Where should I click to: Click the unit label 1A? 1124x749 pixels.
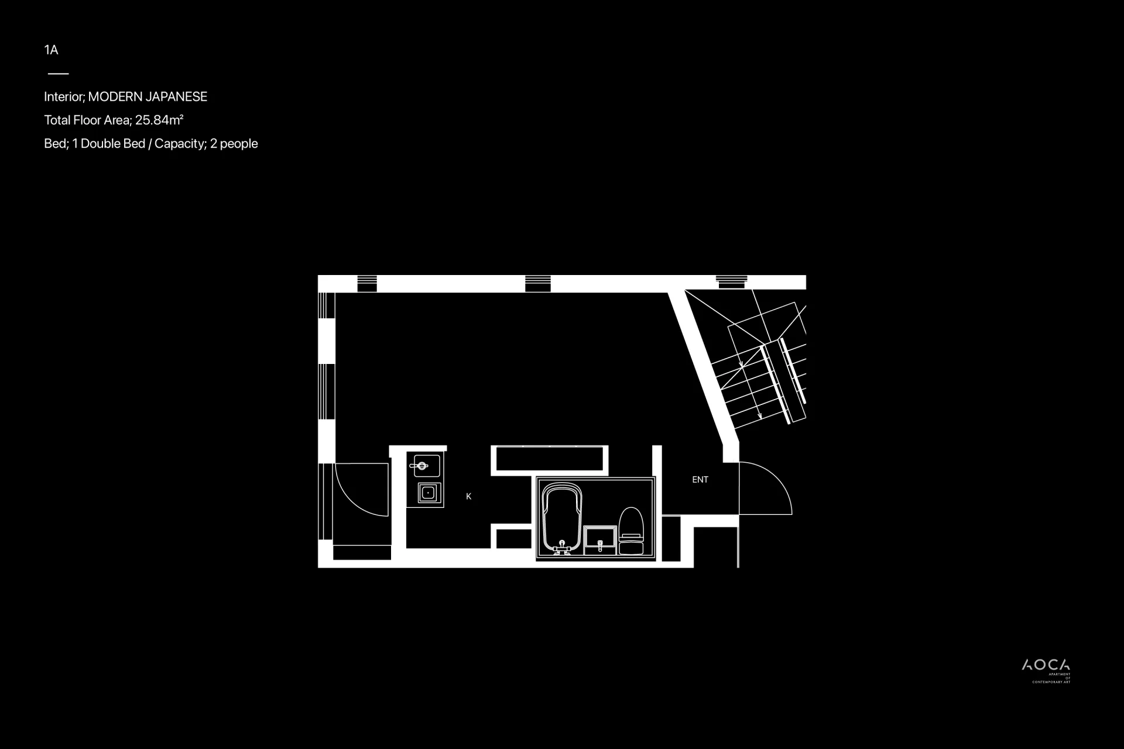pos(51,50)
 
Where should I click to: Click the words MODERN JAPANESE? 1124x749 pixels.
pos(148,97)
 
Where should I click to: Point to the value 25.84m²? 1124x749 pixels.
pos(159,120)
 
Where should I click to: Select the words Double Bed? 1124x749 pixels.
pos(113,143)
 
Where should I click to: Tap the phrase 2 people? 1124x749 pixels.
pos(234,144)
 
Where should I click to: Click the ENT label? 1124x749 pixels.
pos(700,480)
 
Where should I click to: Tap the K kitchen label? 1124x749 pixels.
pos(468,496)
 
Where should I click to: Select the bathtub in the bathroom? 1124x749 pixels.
pos(562,518)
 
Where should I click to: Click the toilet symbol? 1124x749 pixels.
pos(631,531)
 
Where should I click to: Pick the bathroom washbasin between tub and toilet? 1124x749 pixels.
pos(600,540)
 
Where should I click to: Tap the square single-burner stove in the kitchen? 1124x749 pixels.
pos(429,493)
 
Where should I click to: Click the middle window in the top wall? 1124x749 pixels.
pos(537,283)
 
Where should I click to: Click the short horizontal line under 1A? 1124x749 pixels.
pos(58,74)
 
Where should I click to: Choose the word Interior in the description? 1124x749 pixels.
pos(64,97)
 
